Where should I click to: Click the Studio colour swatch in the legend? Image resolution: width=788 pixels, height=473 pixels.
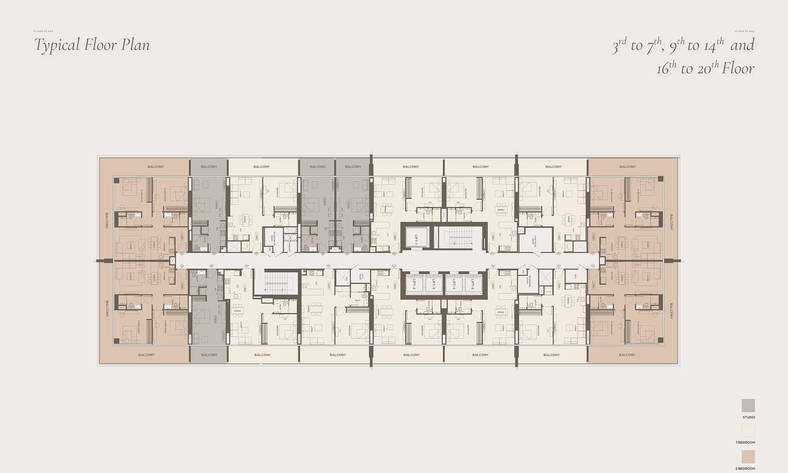(x=748, y=405)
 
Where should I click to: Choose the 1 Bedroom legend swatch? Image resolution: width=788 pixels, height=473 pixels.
(x=748, y=431)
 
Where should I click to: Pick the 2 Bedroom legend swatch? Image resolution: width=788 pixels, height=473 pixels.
(x=748, y=457)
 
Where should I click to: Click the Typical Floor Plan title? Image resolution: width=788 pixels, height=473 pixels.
(x=92, y=45)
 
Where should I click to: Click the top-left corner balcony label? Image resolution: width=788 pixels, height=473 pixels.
(x=156, y=166)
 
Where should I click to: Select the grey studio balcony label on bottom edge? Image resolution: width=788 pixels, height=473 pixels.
(x=209, y=355)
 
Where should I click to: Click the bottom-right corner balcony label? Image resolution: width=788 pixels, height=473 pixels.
(x=627, y=355)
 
